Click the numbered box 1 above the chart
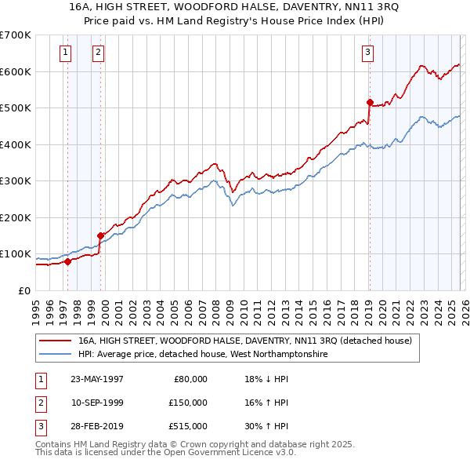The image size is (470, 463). tap(64, 53)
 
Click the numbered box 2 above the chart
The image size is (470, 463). tap(98, 53)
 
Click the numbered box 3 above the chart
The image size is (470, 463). tap(367, 53)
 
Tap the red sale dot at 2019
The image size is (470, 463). tap(370, 102)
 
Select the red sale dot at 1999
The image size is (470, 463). tap(100, 235)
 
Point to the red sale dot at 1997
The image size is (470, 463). tap(68, 261)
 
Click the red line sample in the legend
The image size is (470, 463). tap(56, 341)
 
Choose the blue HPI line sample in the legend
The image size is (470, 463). tap(56, 355)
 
